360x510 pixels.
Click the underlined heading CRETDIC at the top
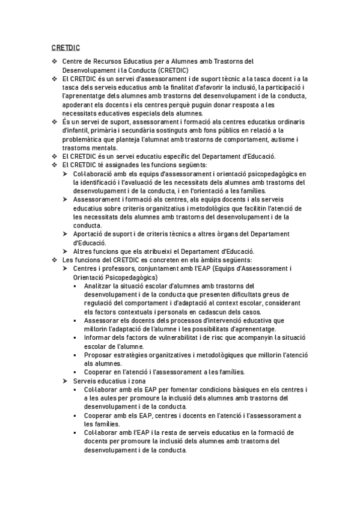click(x=66, y=47)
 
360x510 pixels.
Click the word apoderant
click(x=79, y=105)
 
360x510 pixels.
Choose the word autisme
click(x=286, y=140)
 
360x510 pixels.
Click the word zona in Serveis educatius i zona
click(x=136, y=381)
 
